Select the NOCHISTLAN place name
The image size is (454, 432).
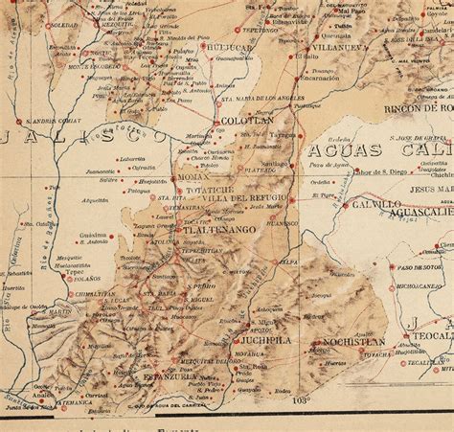pos(353,341)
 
